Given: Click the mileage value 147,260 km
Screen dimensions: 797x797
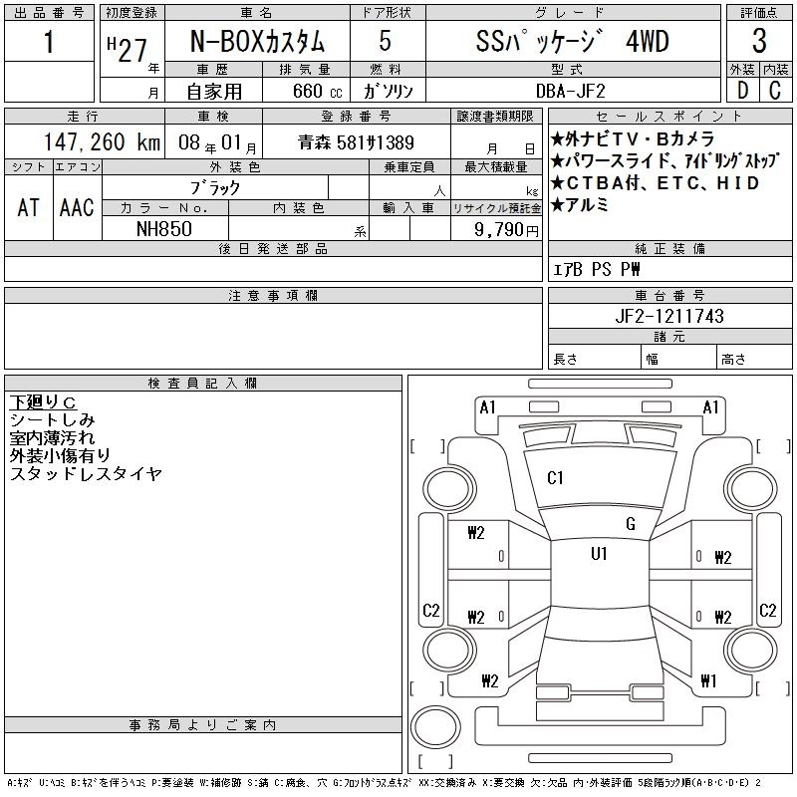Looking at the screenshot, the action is click(102, 142).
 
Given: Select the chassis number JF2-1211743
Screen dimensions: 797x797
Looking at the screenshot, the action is click(669, 316).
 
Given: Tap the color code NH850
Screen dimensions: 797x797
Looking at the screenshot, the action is click(164, 229).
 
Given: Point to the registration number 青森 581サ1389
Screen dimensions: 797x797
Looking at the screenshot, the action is click(357, 142).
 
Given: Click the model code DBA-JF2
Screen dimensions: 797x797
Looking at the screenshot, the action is click(571, 91).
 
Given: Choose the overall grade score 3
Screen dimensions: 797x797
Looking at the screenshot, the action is click(759, 41).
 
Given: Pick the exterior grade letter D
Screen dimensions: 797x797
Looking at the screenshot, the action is click(742, 91).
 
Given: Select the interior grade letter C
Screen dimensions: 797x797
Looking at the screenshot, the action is click(775, 91).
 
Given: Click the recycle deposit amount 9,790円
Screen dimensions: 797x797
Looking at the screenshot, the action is click(506, 230).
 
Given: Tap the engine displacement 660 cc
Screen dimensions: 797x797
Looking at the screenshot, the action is click(317, 91).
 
